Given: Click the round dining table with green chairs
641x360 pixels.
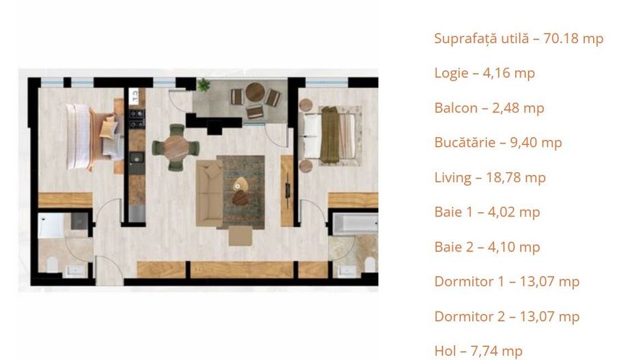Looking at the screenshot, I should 176,145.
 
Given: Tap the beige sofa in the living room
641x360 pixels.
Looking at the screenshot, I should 208,193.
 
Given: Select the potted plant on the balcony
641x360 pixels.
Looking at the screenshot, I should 204,85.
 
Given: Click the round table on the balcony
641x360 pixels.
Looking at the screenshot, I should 255,92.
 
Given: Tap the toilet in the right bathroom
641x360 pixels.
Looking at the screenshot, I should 368,264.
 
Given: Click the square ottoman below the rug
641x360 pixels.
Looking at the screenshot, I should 239,236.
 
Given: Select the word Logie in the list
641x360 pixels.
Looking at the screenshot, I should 452,73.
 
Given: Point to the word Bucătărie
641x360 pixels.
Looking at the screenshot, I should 464,142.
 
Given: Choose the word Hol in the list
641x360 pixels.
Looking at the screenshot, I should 446,351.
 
